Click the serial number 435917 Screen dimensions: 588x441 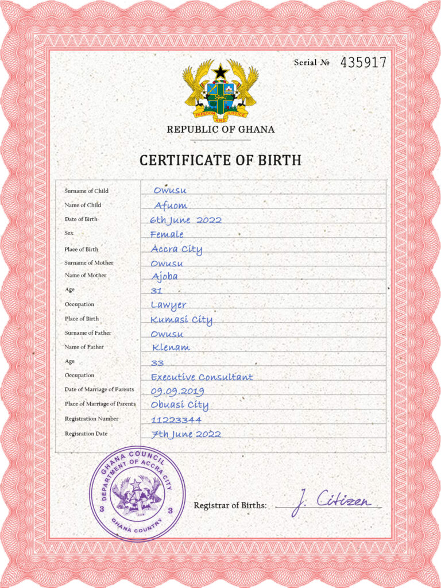(x=363, y=63)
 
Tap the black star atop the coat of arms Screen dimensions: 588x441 (x=220, y=72)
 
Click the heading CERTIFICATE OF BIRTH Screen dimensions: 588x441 (x=220, y=160)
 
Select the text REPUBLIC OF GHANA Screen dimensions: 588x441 (x=220, y=130)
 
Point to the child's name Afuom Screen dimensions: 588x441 (x=171, y=206)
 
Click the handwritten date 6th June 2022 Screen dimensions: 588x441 (x=185, y=220)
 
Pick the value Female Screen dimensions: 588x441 (x=167, y=234)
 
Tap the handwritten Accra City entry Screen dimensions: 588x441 (x=176, y=249)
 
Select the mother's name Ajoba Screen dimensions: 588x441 (x=164, y=276)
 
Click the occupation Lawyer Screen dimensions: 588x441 (x=168, y=305)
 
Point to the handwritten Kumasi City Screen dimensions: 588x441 (x=181, y=320)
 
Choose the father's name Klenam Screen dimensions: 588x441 (x=171, y=347)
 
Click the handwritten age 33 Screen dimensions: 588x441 (x=157, y=363)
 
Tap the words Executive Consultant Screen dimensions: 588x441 (x=202, y=377)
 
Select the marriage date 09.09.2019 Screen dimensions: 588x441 (x=177, y=391)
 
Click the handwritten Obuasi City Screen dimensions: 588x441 (x=179, y=405)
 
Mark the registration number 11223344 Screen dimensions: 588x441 (x=176, y=420)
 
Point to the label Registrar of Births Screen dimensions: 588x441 (x=230, y=505)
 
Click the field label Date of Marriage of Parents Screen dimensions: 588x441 (x=99, y=389)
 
